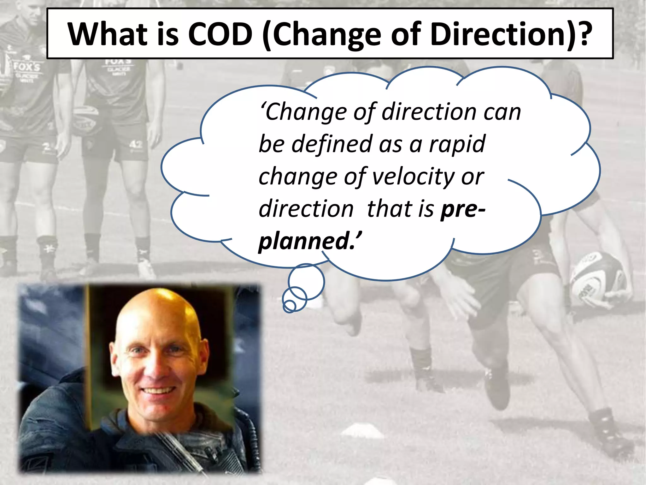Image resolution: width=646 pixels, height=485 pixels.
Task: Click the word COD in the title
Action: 220,34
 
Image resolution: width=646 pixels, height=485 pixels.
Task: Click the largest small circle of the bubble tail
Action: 306,282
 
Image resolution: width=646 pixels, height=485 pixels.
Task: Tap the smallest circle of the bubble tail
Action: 289,306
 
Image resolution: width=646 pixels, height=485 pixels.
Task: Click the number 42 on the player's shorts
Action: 136,145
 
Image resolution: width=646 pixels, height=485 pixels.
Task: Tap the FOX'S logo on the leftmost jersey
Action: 27,67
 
